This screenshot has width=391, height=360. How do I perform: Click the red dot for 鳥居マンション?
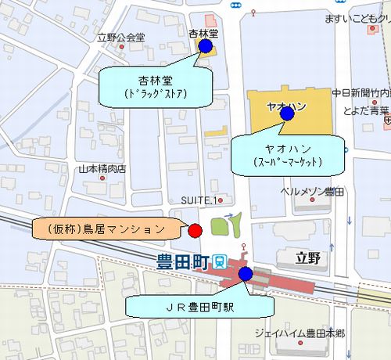tap(195, 229)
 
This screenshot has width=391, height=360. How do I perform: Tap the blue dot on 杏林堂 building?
tap(205, 46)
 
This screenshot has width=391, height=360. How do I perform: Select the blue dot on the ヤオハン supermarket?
tap(287, 113)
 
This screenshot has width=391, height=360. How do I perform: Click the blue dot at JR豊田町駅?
tap(246, 273)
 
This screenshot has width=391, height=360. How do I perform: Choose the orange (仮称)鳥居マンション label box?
tap(105, 229)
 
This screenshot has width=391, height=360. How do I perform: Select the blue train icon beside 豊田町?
tap(221, 263)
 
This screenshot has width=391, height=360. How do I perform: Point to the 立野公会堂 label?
tap(121, 37)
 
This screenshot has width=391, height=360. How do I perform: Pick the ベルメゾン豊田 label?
tap(314, 190)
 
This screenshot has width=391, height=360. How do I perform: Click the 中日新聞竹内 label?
tap(361, 92)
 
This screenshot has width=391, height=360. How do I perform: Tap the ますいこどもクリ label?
tap(357, 18)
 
